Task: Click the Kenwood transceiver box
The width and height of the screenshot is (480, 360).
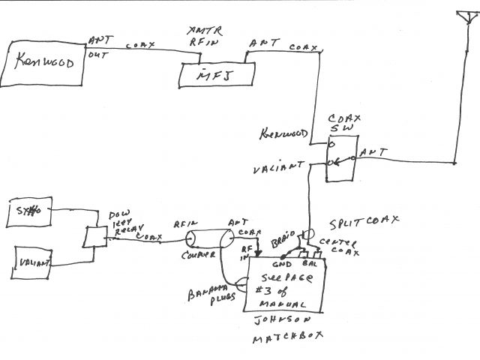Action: click(x=43, y=63)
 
